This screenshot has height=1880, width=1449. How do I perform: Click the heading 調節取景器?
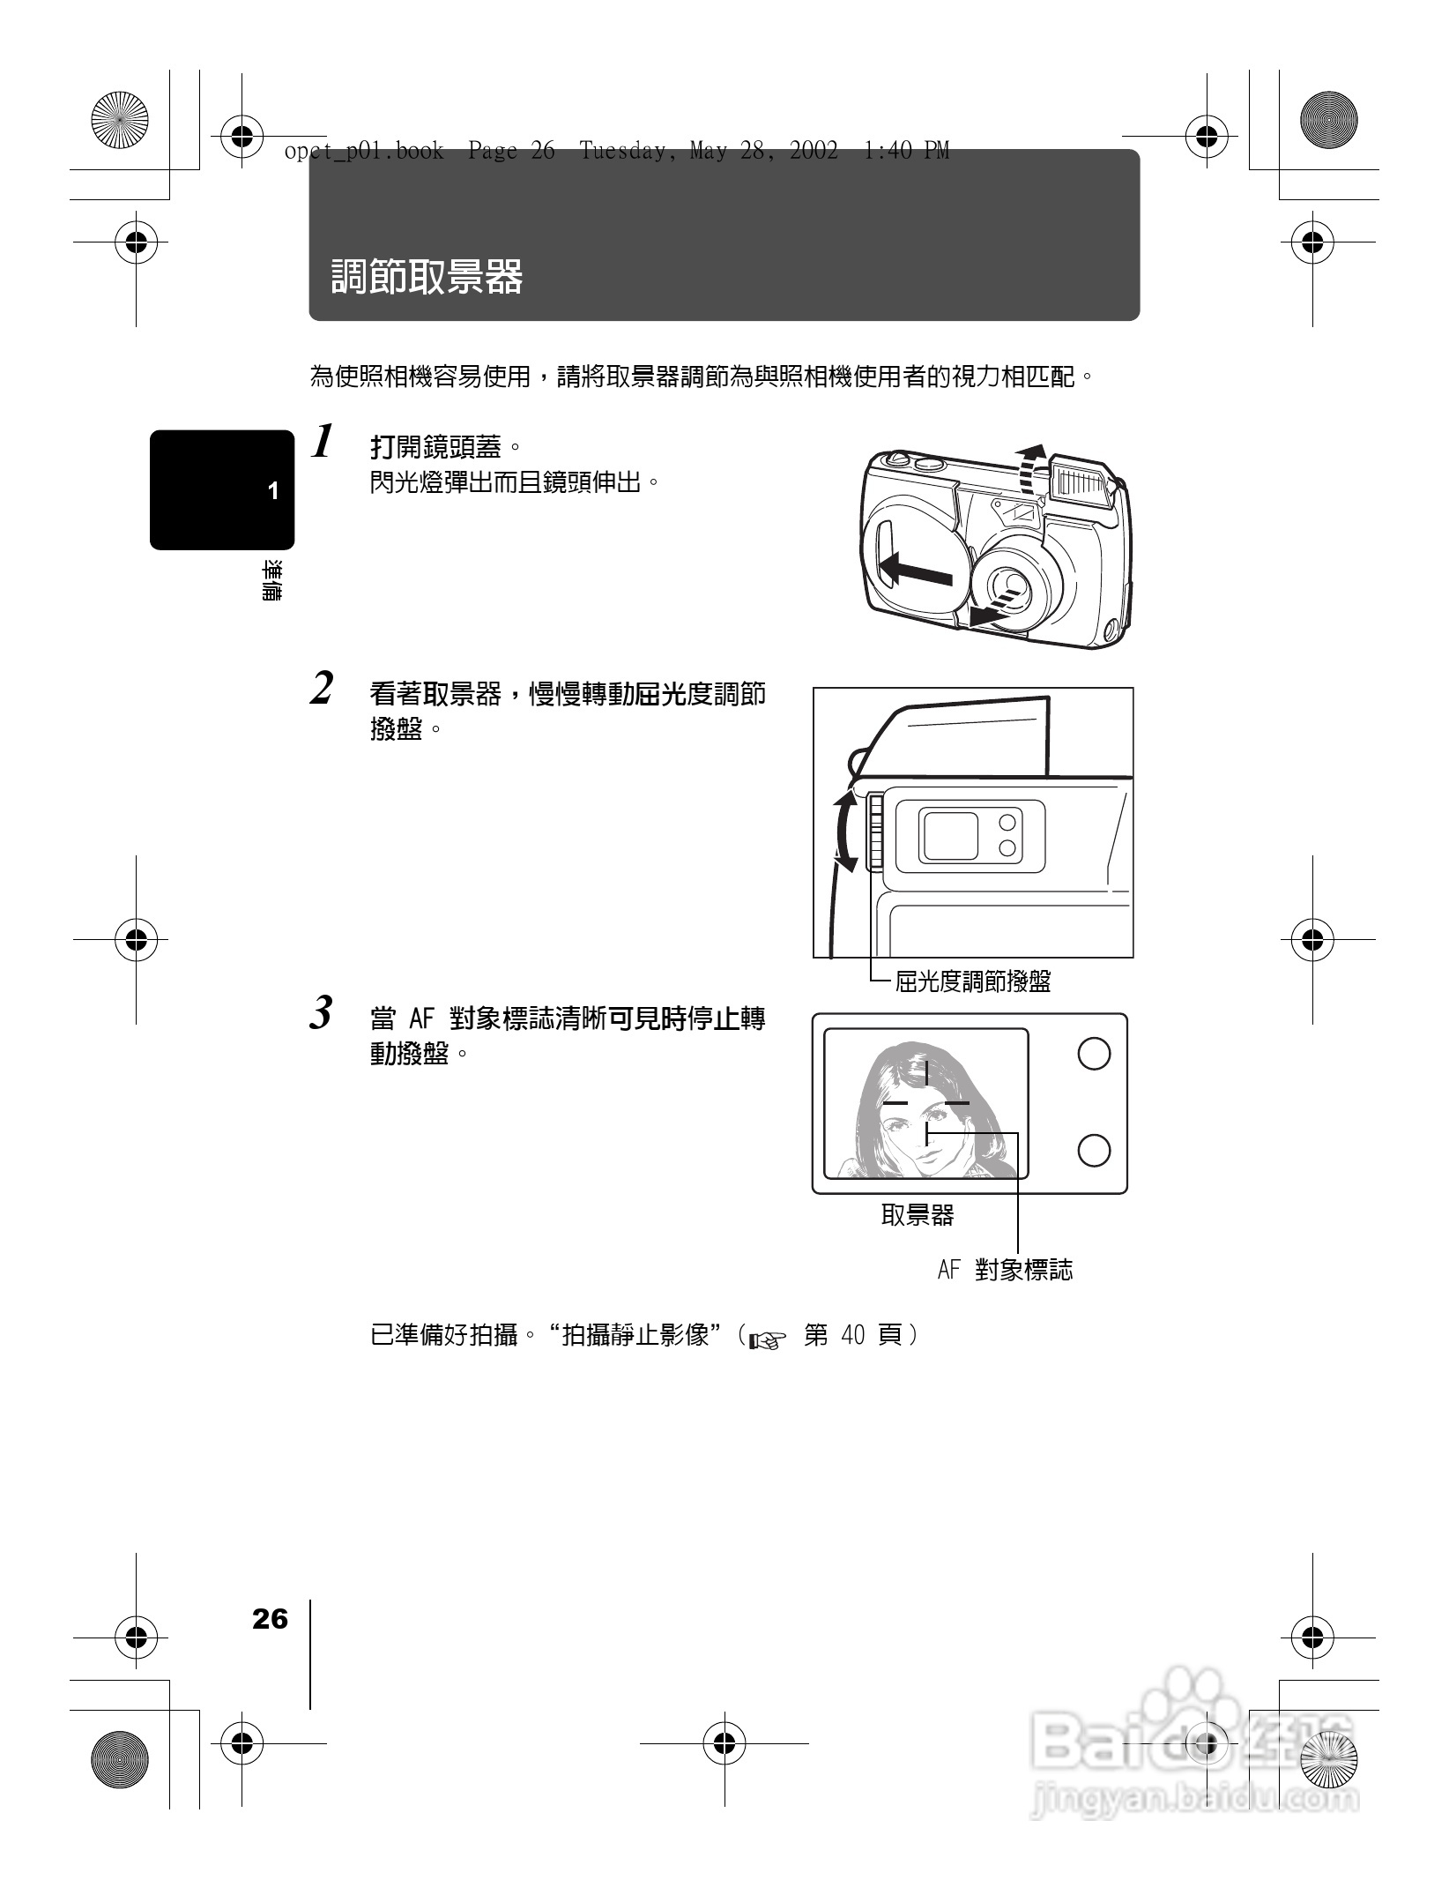click(x=427, y=277)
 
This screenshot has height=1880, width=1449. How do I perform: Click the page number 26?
click(x=270, y=1619)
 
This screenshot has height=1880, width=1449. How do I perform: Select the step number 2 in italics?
click(x=323, y=689)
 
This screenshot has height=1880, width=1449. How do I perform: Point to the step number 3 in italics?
click(x=323, y=1013)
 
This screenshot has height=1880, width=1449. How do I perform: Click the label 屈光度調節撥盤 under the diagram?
click(x=972, y=981)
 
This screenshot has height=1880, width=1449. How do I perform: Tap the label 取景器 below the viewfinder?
click(x=917, y=1215)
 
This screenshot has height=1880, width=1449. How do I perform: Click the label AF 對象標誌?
click(x=1005, y=1271)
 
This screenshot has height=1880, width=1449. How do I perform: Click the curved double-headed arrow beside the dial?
click(x=844, y=832)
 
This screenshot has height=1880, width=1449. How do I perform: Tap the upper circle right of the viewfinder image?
click(x=1094, y=1054)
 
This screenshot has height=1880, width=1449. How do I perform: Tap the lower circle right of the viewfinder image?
click(x=1094, y=1150)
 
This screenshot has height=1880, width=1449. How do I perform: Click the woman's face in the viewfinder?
click(x=917, y=1133)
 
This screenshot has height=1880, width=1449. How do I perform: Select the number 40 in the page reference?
click(x=853, y=1336)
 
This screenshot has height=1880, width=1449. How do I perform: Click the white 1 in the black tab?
click(x=273, y=491)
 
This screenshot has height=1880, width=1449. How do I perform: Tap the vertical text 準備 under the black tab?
click(x=272, y=580)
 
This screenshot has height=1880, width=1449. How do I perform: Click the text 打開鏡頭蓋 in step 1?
click(x=435, y=448)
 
